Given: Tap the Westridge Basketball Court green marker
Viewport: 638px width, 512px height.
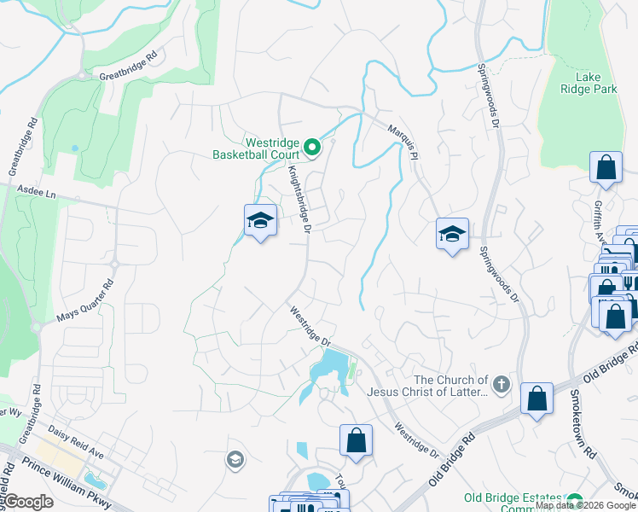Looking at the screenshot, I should click(x=312, y=149).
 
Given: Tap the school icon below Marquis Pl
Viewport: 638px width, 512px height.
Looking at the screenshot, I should click(x=452, y=234).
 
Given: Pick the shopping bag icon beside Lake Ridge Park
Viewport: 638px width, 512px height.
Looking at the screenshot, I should click(x=606, y=168).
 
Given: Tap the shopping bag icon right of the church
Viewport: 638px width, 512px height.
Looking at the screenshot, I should click(x=536, y=399).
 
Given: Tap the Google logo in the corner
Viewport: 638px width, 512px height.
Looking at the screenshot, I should click(x=27, y=502).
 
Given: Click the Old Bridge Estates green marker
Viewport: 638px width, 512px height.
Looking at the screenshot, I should click(x=576, y=500).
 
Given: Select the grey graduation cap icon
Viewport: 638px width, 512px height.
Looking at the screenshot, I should click(x=234, y=461).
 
